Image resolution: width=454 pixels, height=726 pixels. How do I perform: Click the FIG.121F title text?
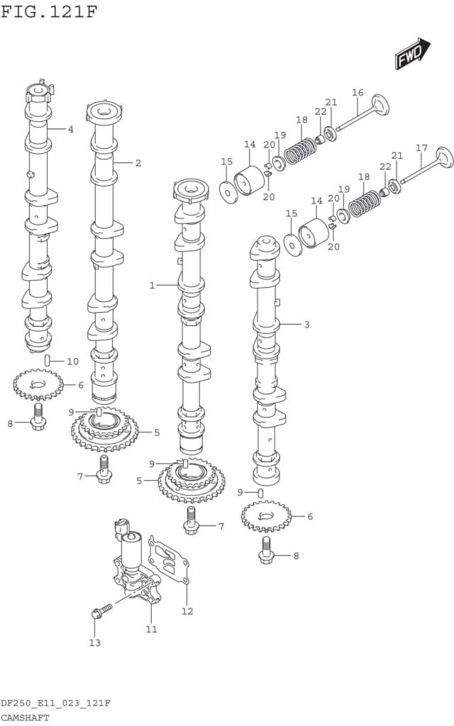click(48, 11)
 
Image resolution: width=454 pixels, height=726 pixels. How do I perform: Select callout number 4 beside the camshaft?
click(70, 129)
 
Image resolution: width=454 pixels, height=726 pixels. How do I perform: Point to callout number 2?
click(138, 163)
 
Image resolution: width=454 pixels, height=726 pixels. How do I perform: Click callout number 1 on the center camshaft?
click(152, 285)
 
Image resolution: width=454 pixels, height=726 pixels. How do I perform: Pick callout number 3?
click(306, 325)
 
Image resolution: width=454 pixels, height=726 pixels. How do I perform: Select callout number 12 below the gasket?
click(187, 611)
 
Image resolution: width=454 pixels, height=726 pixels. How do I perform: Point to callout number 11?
click(151, 629)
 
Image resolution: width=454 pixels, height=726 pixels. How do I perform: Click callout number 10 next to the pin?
click(72, 362)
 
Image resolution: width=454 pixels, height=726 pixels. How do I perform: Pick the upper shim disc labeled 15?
click(228, 191)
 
